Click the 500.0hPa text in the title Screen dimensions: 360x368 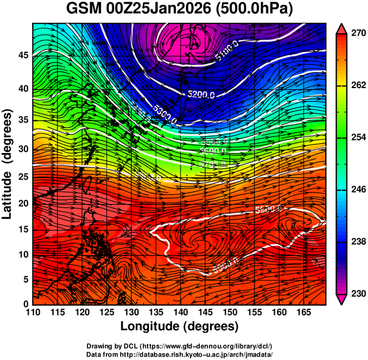coord(259,10)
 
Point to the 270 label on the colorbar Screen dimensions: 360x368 coord(358,34)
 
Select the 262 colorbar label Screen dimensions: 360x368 coord(358,86)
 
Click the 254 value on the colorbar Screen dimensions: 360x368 coord(358,137)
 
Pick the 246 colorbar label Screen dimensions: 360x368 coord(358,190)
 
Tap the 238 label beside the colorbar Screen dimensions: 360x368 coord(358,242)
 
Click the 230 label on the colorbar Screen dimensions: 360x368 coord(358,293)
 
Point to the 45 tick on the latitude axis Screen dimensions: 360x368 coord(22,55)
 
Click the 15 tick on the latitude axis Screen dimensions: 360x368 coord(22,229)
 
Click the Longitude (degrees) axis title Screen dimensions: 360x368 coord(180,327)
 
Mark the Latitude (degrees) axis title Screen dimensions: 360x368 coord(8,164)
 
